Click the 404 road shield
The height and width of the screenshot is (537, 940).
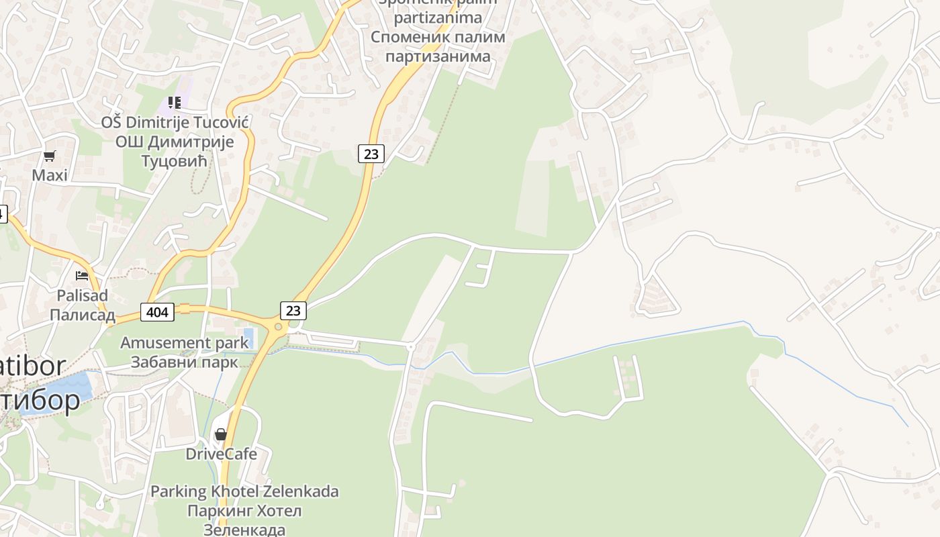click(158, 311)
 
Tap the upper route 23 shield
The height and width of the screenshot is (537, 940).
click(371, 154)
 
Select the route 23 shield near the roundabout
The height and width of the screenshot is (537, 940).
click(293, 310)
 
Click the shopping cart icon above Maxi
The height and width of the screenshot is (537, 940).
click(49, 156)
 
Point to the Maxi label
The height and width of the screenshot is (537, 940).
click(50, 176)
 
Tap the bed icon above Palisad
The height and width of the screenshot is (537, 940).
click(82, 275)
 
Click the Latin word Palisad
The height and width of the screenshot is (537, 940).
click(83, 295)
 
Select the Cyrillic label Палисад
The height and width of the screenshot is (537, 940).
click(83, 315)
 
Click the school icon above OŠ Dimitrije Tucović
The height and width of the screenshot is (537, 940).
click(175, 103)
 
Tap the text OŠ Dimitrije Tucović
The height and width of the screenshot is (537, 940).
click(175, 122)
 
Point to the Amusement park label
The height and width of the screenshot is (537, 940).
click(184, 343)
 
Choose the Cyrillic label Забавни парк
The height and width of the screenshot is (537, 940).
click(184, 362)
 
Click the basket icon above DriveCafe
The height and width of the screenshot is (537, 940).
click(221, 434)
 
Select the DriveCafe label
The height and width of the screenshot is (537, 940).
click(221, 454)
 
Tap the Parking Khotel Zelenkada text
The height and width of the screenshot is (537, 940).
click(244, 491)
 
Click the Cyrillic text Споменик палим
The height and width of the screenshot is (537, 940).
click(438, 37)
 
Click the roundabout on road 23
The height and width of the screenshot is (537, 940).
click(277, 327)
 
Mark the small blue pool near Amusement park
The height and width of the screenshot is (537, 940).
click(248, 334)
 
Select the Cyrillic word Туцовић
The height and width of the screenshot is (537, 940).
click(175, 162)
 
